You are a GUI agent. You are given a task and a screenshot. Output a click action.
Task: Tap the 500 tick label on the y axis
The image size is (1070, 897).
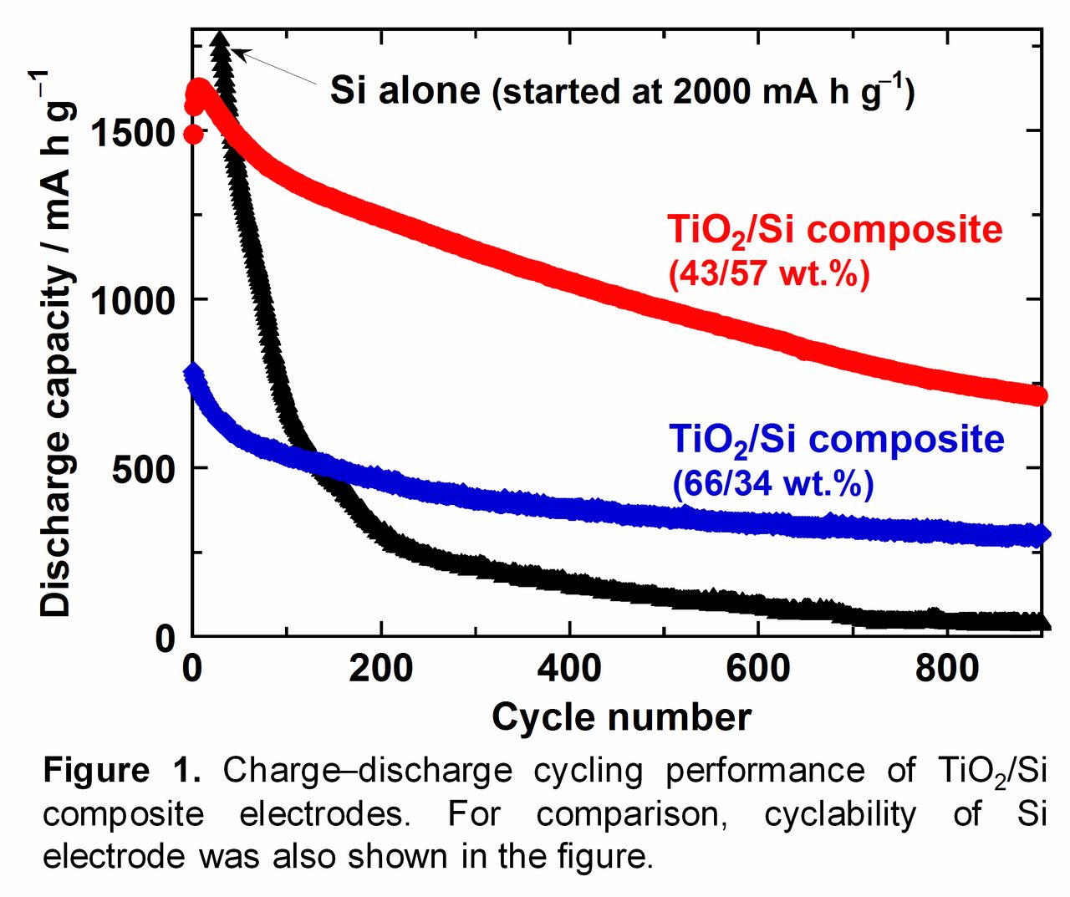pyautogui.click(x=143, y=469)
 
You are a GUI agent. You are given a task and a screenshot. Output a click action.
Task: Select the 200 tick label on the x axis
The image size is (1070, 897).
pyautogui.click(x=381, y=669)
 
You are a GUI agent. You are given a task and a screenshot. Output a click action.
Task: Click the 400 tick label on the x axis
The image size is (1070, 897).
pyautogui.click(x=569, y=669)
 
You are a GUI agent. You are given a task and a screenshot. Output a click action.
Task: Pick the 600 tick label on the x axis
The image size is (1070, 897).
pyautogui.click(x=758, y=669)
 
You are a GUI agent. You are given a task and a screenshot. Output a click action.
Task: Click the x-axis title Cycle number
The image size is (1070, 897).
pyautogui.click(x=621, y=717)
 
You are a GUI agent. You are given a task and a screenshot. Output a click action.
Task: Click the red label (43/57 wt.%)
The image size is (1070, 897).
pyautogui.click(x=769, y=273)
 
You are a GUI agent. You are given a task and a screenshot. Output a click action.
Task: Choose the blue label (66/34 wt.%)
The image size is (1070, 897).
pyautogui.click(x=772, y=483)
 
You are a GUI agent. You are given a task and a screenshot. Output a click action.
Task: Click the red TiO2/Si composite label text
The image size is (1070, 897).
pyautogui.click(x=834, y=230)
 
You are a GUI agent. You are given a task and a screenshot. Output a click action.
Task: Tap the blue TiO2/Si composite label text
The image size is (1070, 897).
pyautogui.click(x=836, y=440)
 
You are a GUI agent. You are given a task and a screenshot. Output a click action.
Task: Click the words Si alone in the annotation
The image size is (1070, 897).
pyautogui.click(x=405, y=89)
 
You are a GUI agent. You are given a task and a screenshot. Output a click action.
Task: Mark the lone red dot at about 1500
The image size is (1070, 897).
pyautogui.click(x=193, y=134)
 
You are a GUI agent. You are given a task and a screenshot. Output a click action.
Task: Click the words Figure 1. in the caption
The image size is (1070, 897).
pyautogui.click(x=122, y=770)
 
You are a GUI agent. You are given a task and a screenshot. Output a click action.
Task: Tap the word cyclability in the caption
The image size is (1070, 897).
pyautogui.click(x=839, y=813)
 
